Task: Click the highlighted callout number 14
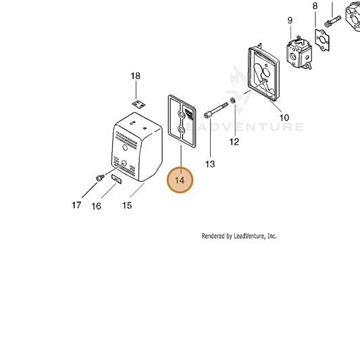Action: click(180, 180)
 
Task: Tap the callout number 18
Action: click(136, 76)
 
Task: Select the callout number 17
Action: click(76, 205)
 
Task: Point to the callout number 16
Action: click(96, 206)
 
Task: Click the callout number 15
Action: click(127, 205)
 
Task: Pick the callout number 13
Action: click(210, 164)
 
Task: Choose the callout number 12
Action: click(234, 142)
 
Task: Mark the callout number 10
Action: click(284, 118)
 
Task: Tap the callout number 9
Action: click(290, 20)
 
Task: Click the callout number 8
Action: click(315, 5)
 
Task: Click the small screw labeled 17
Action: click(100, 178)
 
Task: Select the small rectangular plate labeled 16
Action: click(116, 179)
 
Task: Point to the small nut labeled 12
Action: click(232, 100)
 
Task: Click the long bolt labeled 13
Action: click(216, 111)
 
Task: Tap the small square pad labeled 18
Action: click(138, 104)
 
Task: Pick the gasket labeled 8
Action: click(322, 40)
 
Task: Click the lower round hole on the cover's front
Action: click(124, 163)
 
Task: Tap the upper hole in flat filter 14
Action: click(180, 114)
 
